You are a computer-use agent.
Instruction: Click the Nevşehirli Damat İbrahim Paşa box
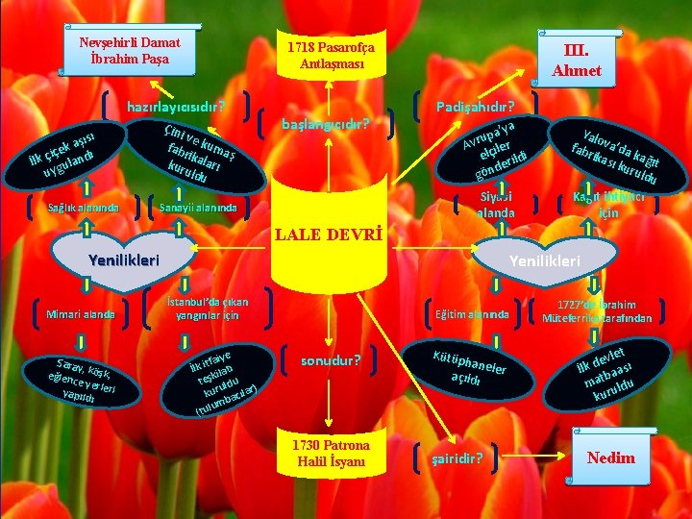(129, 51)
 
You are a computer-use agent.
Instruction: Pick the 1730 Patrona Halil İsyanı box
(331, 455)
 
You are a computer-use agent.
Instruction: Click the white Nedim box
(611, 457)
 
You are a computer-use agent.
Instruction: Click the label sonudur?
(331, 361)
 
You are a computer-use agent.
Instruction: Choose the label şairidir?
(457, 457)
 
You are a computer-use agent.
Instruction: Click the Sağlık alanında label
(84, 207)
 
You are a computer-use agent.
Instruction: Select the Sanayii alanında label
(197, 207)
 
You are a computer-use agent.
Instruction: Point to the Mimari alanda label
(81, 313)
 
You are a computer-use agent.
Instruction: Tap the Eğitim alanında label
(472, 313)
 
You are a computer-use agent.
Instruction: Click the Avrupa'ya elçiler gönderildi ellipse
(492, 146)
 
